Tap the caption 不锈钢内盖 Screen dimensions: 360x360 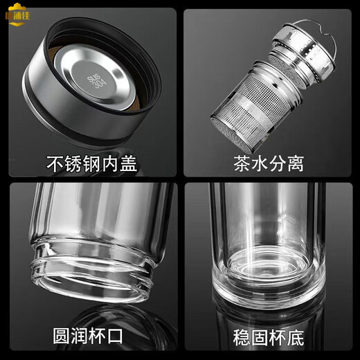[x=91, y=165]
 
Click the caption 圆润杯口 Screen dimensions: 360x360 [x=88, y=337]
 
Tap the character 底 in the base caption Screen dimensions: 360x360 [x=295, y=337]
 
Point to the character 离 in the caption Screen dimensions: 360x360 [x=295, y=165]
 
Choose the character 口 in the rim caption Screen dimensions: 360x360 [x=115, y=337]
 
